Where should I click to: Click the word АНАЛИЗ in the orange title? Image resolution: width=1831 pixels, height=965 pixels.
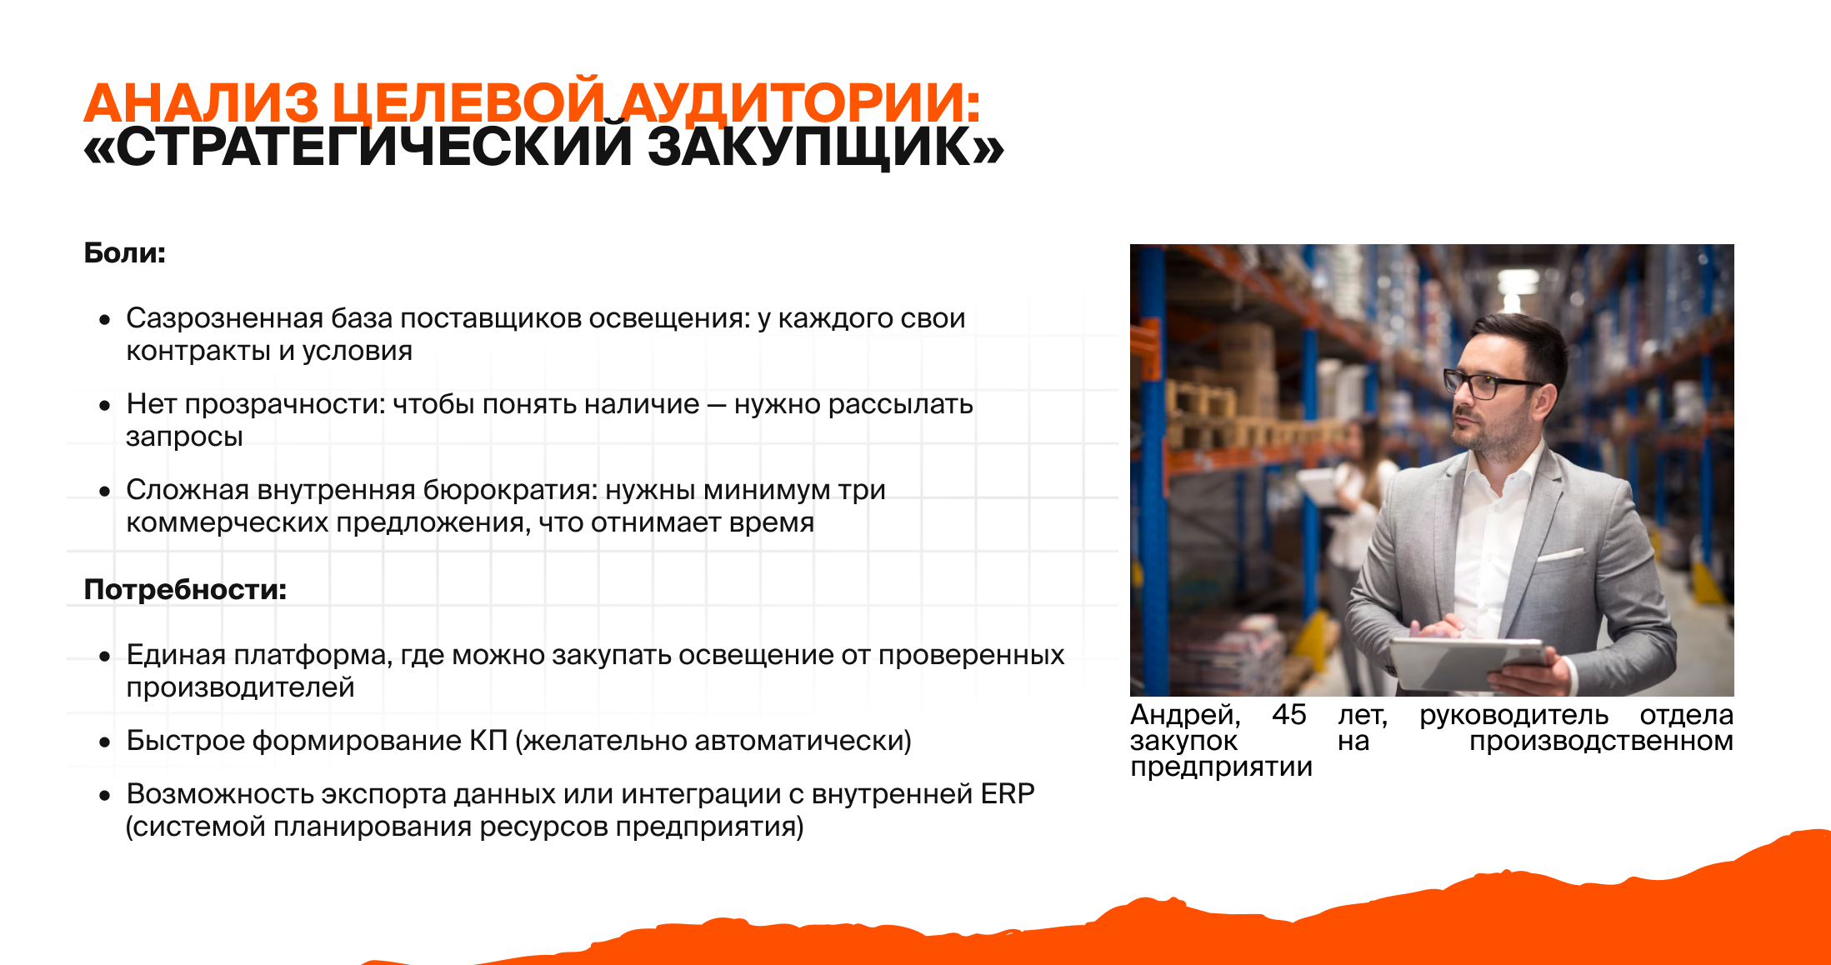pyautogui.click(x=201, y=103)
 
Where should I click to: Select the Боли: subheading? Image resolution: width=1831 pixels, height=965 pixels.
pyautogui.click(x=125, y=252)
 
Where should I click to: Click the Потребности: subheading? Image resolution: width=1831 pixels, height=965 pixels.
pyautogui.click(x=185, y=589)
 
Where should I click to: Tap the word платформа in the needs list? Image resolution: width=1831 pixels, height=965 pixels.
pyautogui.click(x=313, y=655)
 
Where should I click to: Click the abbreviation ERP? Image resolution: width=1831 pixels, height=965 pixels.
pyautogui.click(x=1008, y=794)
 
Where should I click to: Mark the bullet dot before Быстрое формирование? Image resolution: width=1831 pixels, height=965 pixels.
pyautogui.click(x=104, y=742)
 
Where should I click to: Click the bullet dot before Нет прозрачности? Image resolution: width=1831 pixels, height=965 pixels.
pyautogui.click(x=104, y=406)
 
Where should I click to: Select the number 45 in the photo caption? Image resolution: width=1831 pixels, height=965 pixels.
pyautogui.click(x=1288, y=715)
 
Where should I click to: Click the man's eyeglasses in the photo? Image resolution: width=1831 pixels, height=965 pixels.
pyautogui.click(x=1492, y=383)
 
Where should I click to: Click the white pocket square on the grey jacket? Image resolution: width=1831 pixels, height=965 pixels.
pyautogui.click(x=1560, y=553)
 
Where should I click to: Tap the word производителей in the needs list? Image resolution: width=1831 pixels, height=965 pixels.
pyautogui.click(x=241, y=688)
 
